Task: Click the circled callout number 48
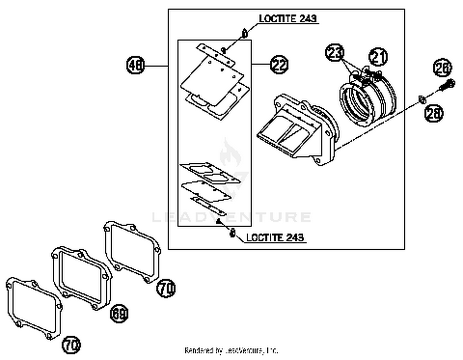136,65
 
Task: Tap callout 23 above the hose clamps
335,53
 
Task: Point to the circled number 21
378,57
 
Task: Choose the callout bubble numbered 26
442,68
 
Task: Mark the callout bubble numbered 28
434,113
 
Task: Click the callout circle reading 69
119,314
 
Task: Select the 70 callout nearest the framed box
166,288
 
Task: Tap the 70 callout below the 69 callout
71,345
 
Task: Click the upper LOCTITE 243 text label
288,19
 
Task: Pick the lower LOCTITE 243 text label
275,237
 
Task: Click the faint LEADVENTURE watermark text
231,217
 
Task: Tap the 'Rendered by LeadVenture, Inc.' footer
231,351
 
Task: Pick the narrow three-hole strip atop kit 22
216,55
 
